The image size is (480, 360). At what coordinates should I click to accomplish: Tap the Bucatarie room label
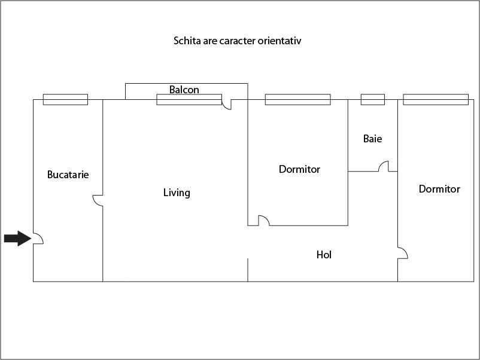point(68,175)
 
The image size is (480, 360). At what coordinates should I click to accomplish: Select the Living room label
point(177,193)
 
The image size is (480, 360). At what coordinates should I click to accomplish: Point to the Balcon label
point(184,90)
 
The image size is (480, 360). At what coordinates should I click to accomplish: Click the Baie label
point(372,139)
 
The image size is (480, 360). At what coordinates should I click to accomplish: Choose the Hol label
point(324,255)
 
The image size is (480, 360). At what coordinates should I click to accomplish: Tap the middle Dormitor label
point(299,169)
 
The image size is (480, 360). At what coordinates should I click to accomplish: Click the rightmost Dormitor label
point(439,189)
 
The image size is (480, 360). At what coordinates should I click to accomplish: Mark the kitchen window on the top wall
point(65,99)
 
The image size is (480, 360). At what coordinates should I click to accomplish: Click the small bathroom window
point(372,99)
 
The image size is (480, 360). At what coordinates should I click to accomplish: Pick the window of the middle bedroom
point(297,99)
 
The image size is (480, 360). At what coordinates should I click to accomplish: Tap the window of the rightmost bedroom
point(436,99)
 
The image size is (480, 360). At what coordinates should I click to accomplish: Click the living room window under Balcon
point(189,99)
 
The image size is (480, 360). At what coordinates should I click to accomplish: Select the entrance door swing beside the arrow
point(37,239)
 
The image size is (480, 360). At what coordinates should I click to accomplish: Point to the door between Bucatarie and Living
point(98,200)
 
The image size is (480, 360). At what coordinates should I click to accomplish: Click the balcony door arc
point(226,105)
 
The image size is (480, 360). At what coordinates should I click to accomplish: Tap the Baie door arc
point(384,166)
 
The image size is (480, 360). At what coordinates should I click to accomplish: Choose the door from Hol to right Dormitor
point(402,253)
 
